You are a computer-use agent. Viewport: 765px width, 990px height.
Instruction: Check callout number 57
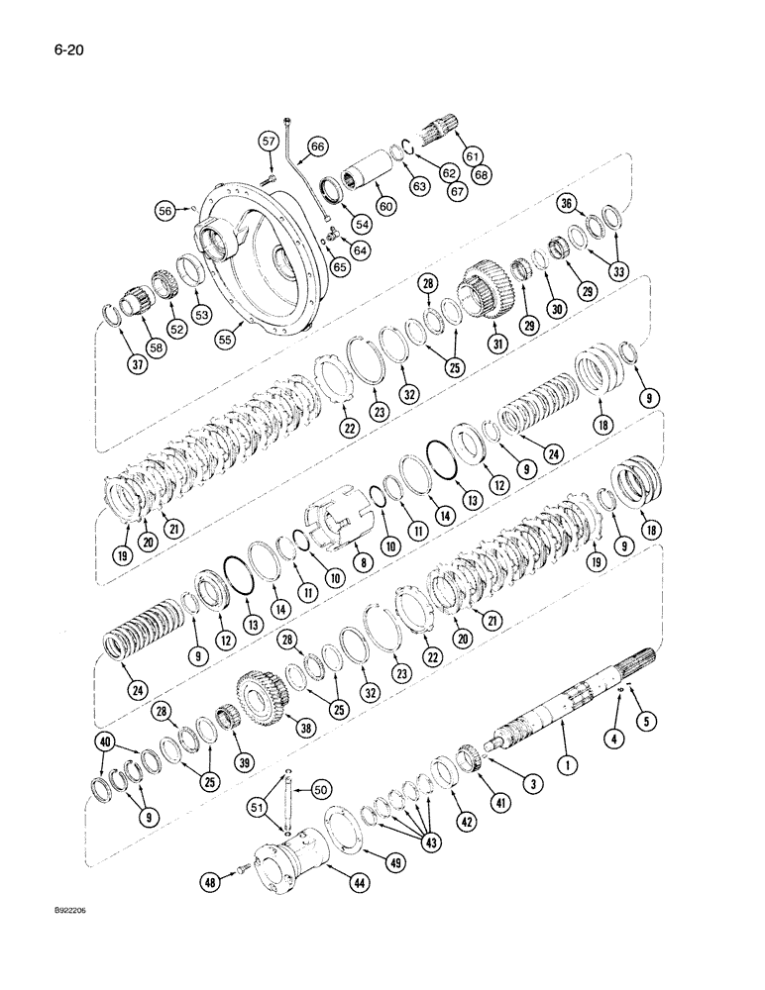(268, 142)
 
